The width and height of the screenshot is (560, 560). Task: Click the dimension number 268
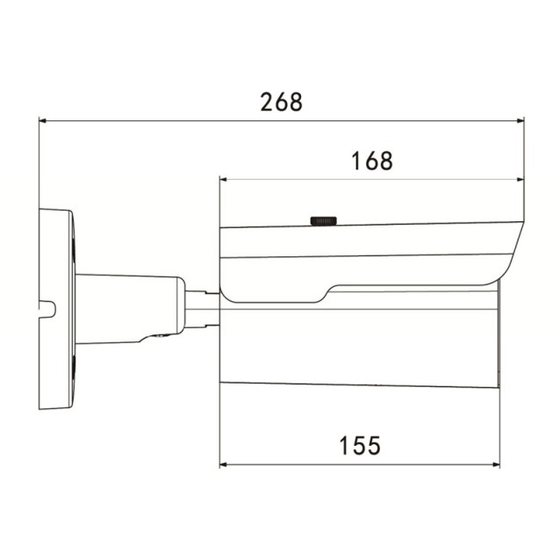tap(282, 102)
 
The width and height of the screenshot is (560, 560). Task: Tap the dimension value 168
tap(371, 162)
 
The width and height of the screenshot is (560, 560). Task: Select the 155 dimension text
tap(360, 445)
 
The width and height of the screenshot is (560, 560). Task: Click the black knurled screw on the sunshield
tap(323, 219)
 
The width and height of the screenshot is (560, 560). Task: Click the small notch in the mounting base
tap(49, 309)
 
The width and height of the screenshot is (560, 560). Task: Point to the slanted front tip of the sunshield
tap(517, 241)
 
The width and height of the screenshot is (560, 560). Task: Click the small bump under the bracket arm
tap(158, 337)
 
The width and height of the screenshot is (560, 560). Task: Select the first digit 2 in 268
tap(267, 102)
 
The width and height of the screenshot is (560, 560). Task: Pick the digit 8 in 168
tap(385, 162)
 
